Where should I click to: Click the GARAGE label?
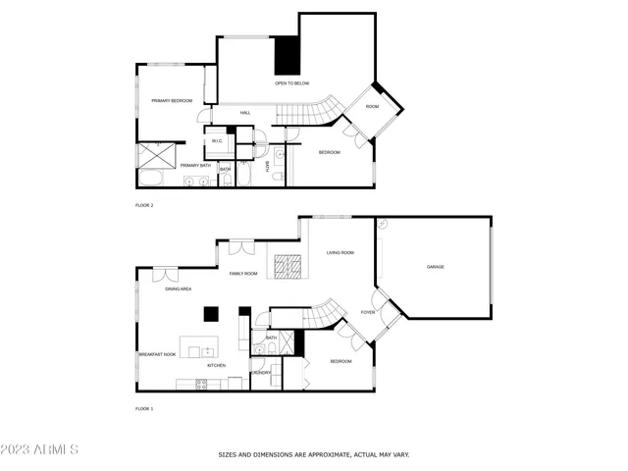[x=435, y=267]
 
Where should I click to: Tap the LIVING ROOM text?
[x=340, y=253]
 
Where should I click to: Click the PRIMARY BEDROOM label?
[x=171, y=101]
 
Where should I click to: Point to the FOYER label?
[x=368, y=312]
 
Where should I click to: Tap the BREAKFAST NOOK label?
[x=156, y=353]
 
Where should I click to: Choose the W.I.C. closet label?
[x=217, y=141]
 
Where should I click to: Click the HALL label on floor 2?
[x=245, y=113]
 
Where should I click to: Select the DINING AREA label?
[x=178, y=289]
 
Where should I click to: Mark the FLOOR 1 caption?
[x=144, y=407]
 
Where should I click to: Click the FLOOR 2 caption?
[x=144, y=205]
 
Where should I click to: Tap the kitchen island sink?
[x=208, y=349]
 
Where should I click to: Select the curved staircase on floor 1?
[x=323, y=315]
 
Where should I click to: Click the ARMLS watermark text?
[x=39, y=450]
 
